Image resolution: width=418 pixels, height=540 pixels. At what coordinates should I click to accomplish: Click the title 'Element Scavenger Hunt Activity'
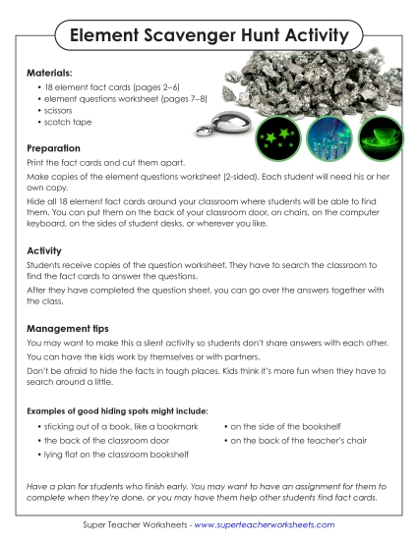tap(209, 36)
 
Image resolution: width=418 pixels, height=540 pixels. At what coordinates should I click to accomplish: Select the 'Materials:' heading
tap(52, 72)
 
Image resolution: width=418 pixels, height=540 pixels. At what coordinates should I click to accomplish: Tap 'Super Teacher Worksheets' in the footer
tap(135, 525)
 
